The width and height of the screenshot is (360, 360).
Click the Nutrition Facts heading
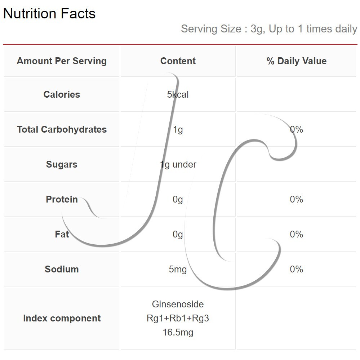(x=49, y=13)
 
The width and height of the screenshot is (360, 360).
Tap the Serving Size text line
(x=269, y=29)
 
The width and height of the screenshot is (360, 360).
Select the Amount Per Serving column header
(x=62, y=61)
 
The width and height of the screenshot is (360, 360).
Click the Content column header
(x=178, y=61)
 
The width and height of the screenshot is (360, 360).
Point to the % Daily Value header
(x=297, y=61)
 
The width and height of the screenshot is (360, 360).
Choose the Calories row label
(x=62, y=94)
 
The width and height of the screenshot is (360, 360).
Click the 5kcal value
(x=178, y=94)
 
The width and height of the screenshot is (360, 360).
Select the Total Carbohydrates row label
(x=62, y=129)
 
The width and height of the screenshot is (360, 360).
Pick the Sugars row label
(x=62, y=165)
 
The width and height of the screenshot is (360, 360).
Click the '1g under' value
(x=178, y=165)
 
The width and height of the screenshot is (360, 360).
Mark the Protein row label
(x=62, y=199)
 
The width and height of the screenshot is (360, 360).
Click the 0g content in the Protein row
(x=178, y=200)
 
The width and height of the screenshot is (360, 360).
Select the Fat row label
(x=62, y=234)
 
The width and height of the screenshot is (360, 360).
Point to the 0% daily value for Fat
(x=297, y=234)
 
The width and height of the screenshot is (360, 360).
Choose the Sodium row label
(x=62, y=269)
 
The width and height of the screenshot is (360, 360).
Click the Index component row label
(x=62, y=319)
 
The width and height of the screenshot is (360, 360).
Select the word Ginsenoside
(x=178, y=305)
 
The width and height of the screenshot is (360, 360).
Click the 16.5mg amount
(x=178, y=333)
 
